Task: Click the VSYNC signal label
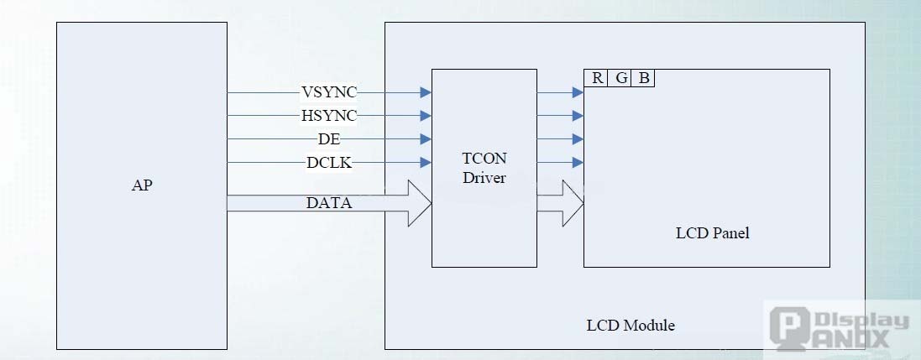point(328,91)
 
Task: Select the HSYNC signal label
point(328,115)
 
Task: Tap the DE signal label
point(328,138)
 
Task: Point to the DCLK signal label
point(328,163)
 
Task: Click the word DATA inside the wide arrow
point(328,202)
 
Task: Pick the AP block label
point(142,185)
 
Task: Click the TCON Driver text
point(484,168)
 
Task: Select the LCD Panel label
point(712,232)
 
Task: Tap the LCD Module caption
point(630,325)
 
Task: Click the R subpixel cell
point(597,78)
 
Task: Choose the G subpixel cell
point(621,78)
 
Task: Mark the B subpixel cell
point(644,78)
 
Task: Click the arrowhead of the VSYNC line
point(426,91)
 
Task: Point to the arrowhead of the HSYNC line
point(426,115)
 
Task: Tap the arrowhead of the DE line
point(426,138)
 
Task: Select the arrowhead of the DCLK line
point(426,163)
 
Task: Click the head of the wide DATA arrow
point(420,202)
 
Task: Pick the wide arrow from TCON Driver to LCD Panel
point(561,202)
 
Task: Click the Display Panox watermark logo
point(840,328)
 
